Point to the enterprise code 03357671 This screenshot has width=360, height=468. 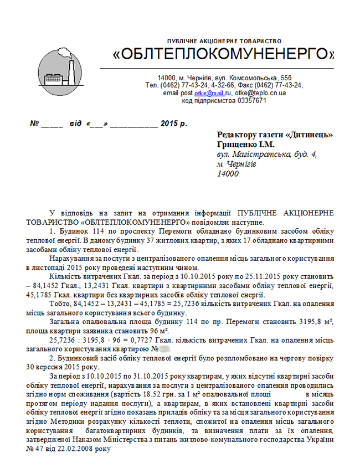[x=252, y=101]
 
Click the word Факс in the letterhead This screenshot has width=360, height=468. [x=246, y=85]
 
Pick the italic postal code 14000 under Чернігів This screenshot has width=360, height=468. [x=228, y=174]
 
